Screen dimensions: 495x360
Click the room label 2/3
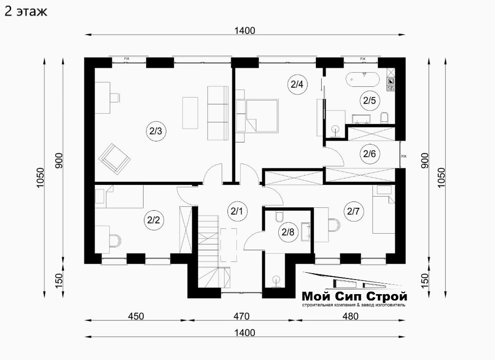coord(156,131)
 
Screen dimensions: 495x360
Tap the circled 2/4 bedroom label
coord(297,84)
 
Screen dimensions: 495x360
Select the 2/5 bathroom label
coord(370,100)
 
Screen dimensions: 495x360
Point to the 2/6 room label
coord(370,154)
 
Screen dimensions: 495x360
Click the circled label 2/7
coord(353,211)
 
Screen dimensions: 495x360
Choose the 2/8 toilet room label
coord(288,232)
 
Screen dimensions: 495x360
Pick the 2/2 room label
coord(154,220)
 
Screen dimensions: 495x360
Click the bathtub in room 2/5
coord(363,80)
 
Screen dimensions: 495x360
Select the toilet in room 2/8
coord(279,217)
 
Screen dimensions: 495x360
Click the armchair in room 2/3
coord(115,159)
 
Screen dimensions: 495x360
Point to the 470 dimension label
coord(241,316)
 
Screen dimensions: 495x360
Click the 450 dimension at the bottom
coord(136,316)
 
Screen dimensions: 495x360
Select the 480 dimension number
coord(350,316)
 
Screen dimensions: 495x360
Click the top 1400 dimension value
coord(245,31)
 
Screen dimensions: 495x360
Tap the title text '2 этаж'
coord(26,11)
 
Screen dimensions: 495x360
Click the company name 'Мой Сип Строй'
coord(354,297)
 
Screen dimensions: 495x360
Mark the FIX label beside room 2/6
coord(404,156)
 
